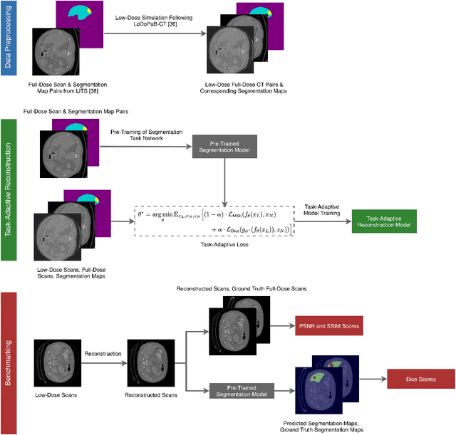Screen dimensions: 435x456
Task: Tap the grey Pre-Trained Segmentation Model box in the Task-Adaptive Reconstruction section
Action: click(x=224, y=146)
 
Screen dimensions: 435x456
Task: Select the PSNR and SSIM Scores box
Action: click(x=328, y=327)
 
